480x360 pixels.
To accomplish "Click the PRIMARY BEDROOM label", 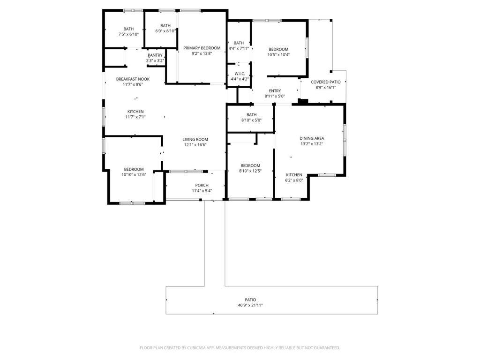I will [202, 48].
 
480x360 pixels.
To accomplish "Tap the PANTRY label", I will [155, 55].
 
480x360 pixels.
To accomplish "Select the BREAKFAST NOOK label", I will [133, 79].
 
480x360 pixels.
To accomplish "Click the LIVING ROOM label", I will [195, 139].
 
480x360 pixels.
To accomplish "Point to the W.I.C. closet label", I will [240, 74].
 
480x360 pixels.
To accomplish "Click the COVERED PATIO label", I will [326, 82].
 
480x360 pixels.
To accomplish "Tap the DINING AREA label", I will [312, 138].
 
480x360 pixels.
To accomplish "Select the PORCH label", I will [202, 185].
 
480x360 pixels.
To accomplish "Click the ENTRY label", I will [275, 90].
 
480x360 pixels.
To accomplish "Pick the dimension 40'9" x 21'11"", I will [250, 305].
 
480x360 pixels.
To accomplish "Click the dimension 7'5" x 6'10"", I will [128, 35].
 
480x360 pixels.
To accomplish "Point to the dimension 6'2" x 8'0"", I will [294, 180].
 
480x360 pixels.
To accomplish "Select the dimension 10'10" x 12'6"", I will [134, 175].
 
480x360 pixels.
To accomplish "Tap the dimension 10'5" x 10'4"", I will [278, 54].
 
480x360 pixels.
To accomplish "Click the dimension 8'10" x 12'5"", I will [250, 171].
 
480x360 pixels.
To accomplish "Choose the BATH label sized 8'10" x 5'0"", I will [251, 115].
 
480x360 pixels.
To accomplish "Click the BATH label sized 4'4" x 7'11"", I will [239, 43].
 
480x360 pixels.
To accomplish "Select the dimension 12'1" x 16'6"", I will [195, 145].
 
